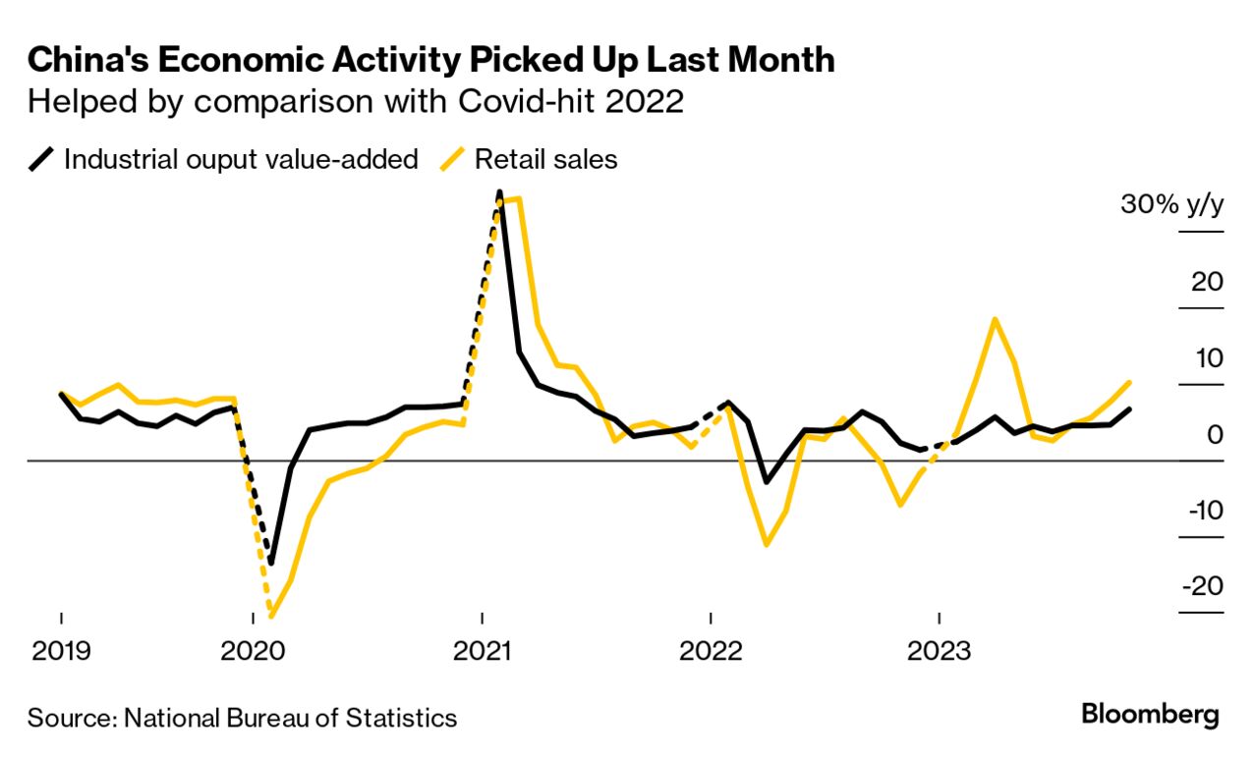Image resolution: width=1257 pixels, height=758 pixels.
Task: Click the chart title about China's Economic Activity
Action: tap(430, 61)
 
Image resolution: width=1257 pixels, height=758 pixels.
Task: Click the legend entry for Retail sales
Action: tap(546, 159)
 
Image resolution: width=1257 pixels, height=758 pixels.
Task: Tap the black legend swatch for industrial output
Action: tap(40, 159)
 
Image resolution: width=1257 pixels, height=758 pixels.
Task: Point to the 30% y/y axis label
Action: tap(1171, 206)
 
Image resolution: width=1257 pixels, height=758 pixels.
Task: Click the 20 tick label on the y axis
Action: tap(1206, 283)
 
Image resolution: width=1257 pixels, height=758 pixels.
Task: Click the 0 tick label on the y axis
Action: tap(1216, 434)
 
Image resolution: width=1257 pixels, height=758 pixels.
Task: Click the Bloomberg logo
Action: tap(1150, 715)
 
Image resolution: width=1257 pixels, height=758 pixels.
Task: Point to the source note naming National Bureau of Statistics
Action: tap(242, 718)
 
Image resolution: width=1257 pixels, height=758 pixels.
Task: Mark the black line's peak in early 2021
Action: tap(499, 192)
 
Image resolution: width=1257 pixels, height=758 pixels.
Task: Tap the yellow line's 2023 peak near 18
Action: tap(996, 319)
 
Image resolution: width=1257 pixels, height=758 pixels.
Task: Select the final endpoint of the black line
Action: tap(1130, 408)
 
